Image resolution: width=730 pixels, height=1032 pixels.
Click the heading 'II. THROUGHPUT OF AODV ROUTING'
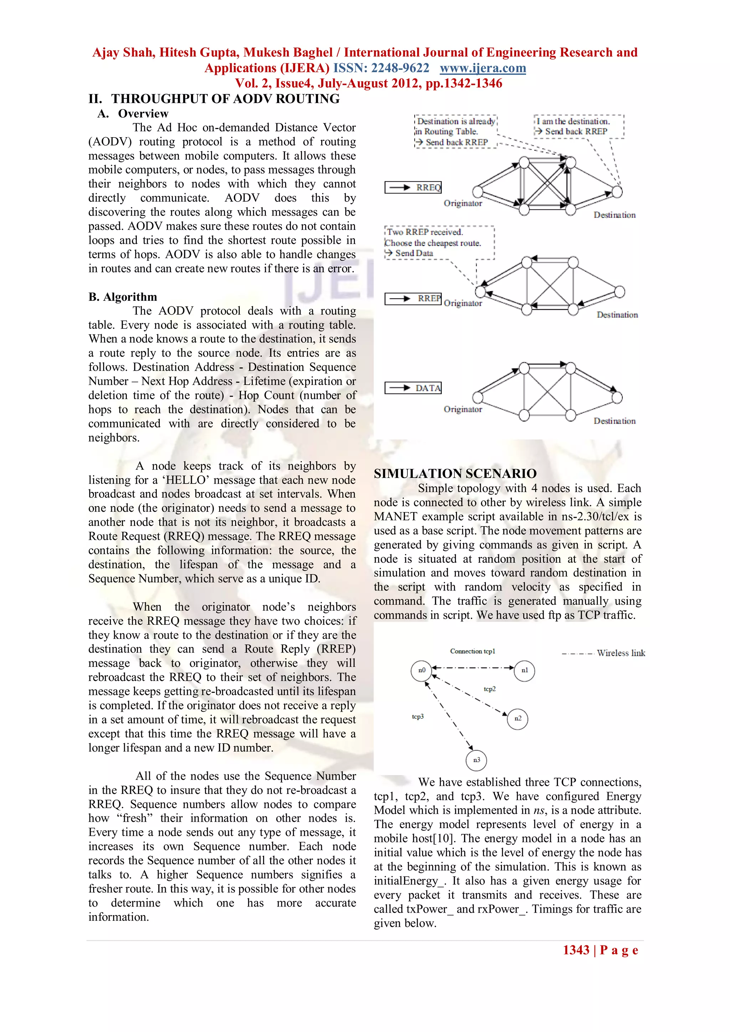pos(214,99)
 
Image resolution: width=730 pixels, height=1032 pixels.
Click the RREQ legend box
pos(413,187)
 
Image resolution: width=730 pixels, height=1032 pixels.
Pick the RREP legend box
pos(413,299)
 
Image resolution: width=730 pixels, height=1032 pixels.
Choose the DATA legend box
pos(413,388)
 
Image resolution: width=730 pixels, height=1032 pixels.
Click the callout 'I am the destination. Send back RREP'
pos(578,126)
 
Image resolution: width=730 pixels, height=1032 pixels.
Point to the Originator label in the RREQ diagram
pos(463,203)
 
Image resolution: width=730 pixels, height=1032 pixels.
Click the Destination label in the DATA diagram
pos(614,421)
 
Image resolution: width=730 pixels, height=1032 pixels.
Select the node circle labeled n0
pos(421,671)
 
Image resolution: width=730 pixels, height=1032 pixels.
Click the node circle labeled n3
pos(477,760)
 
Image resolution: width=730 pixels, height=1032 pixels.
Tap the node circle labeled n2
pos(518,719)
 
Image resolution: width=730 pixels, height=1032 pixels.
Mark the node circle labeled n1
pos(524,671)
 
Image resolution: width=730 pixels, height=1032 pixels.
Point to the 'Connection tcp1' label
pos(472,651)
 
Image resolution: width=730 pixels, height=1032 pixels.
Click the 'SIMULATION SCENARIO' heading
pos(455,474)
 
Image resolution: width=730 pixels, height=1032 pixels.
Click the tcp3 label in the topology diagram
pos(418,717)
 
